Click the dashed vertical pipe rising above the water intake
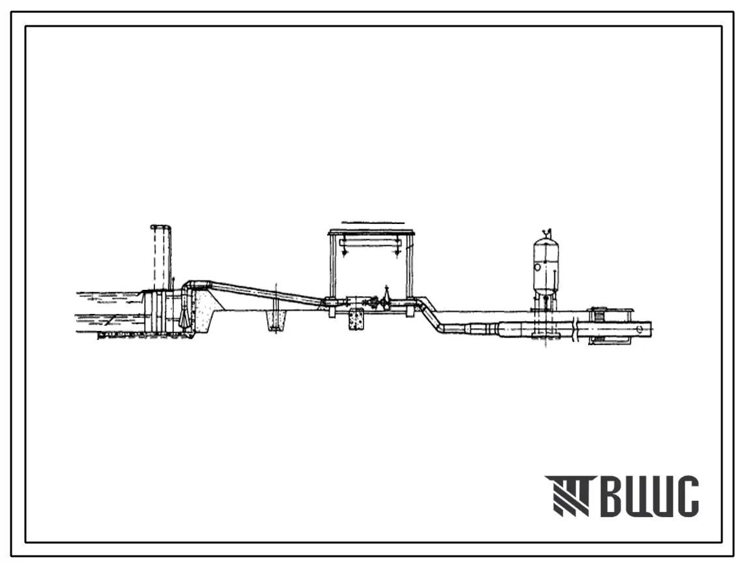pyautogui.click(x=161, y=257)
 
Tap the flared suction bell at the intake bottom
pyautogui.click(x=184, y=319)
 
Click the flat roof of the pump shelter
pyautogui.click(x=371, y=233)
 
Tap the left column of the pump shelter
pyautogui.click(x=333, y=267)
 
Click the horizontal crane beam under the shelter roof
pyautogui.click(x=371, y=243)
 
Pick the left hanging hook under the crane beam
pyautogui.click(x=346, y=251)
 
